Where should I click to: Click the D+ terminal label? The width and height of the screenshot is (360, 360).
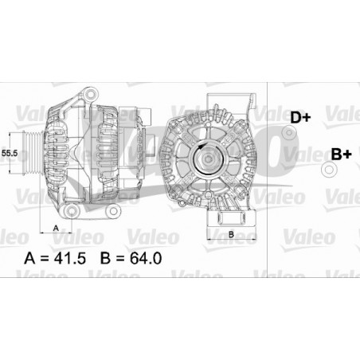[x=299, y=117]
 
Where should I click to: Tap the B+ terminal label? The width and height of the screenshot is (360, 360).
[x=341, y=153]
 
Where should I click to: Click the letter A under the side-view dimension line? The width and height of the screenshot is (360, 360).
[x=56, y=227]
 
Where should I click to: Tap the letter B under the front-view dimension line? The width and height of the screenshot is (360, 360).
[x=230, y=234]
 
